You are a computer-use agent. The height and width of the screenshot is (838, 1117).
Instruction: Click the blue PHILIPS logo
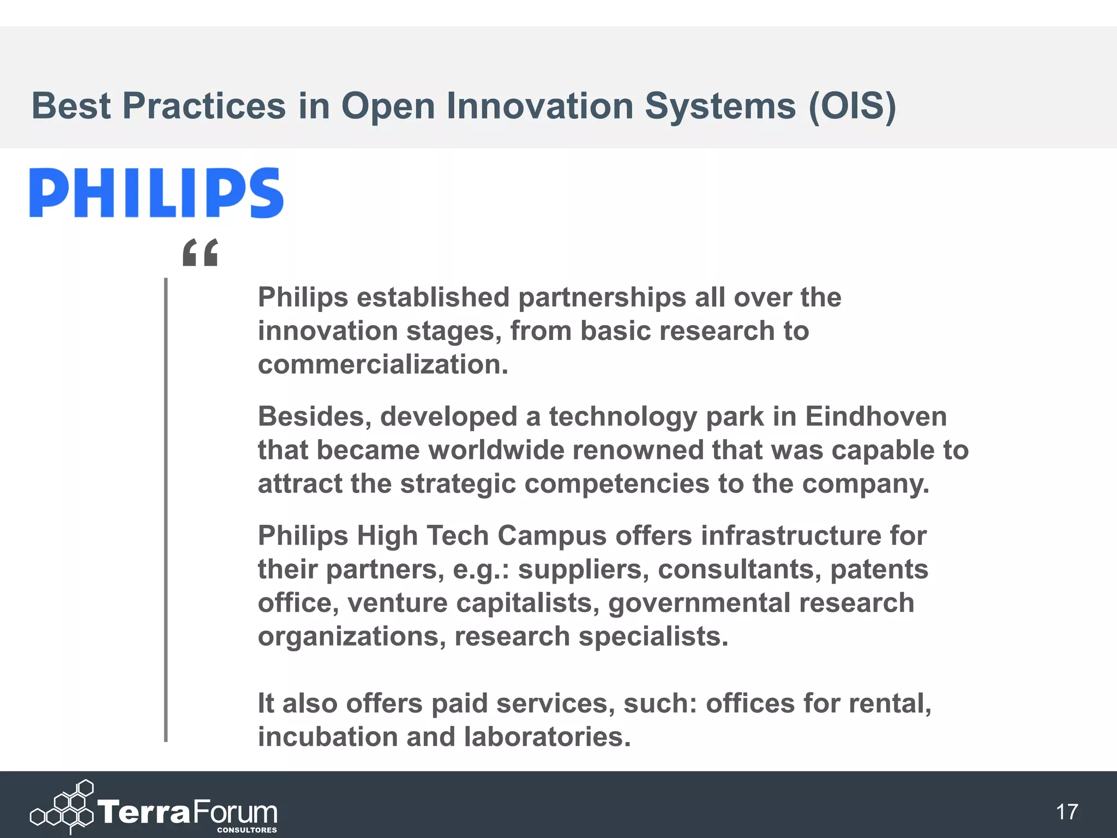tap(157, 193)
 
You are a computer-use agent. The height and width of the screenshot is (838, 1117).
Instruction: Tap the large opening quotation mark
tap(200, 252)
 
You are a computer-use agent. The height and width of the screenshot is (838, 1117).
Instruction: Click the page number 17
tap(1067, 812)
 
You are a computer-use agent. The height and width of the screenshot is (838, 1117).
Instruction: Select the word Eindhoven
tap(876, 417)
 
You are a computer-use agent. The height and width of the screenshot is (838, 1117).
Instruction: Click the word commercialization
tap(383, 364)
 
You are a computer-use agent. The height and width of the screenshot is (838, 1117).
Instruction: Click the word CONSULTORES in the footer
tap(247, 830)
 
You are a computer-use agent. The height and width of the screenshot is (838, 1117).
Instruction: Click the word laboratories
tap(548, 737)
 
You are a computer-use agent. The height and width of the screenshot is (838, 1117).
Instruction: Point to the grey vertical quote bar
tap(166, 510)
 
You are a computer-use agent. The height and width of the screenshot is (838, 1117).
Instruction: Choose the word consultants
tap(740, 569)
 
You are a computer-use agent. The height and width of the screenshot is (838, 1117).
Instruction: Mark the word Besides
tap(315, 417)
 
